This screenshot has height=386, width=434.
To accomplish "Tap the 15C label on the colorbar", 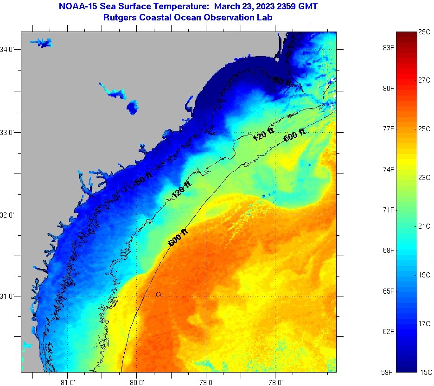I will (x=425, y=372).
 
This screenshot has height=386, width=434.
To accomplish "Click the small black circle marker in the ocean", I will (x=159, y=294).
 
